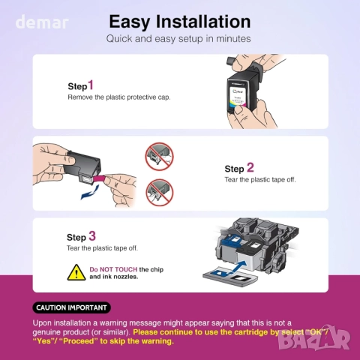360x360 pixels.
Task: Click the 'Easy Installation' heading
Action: pyautogui.click(x=180, y=22)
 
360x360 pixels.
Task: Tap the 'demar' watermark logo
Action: pyautogui.click(x=42, y=22)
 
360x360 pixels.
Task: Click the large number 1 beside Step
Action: pyautogui.click(x=91, y=85)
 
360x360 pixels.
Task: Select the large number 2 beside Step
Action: pyautogui.click(x=250, y=167)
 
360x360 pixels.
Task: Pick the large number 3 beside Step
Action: pyautogui.click(x=92, y=236)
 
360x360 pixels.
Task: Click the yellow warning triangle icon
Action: pyautogui.click(x=76, y=272)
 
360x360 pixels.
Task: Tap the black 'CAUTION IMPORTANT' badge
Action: pyautogui.click(x=71, y=307)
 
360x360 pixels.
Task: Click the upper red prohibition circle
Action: pyautogui.click(x=160, y=157)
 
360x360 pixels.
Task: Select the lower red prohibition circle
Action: pyautogui.click(x=160, y=192)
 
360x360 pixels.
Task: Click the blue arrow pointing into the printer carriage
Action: pyautogui.click(x=238, y=267)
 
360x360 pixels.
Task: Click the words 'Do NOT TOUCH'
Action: pyautogui.click(x=113, y=269)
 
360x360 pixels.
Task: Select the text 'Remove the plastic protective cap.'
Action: pyautogui.click(x=119, y=97)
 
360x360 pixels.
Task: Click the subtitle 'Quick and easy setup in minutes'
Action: pyautogui.click(x=178, y=39)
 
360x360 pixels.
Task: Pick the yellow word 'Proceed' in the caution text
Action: pyautogui.click(x=79, y=341)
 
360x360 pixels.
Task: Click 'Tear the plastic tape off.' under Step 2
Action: pyautogui.click(x=260, y=180)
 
